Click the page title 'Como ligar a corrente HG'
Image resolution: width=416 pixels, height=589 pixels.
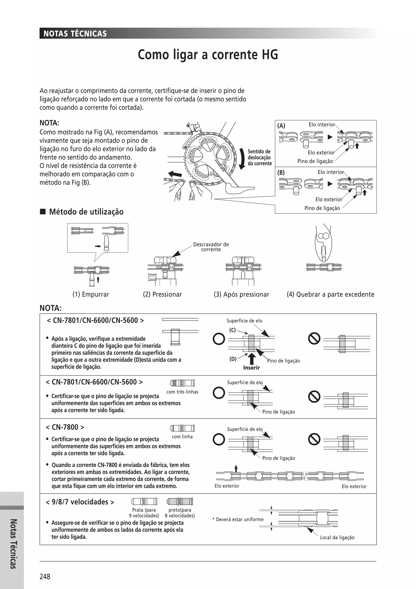coord(208,55)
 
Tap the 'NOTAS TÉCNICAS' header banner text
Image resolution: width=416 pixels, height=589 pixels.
coord(75,34)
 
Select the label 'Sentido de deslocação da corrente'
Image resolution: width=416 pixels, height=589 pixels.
coord(259,157)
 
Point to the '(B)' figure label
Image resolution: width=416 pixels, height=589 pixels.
coord(281,172)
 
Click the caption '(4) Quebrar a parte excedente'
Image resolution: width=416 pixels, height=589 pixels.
coord(330,294)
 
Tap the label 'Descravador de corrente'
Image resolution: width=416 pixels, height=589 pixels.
coord(211,247)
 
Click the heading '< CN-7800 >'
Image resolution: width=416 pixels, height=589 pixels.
coord(65,427)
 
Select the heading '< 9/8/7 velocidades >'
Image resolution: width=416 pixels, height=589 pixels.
coord(80,502)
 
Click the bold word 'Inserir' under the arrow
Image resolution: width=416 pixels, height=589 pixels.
coord(251,368)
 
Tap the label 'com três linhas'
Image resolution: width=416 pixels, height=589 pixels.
coord(182,392)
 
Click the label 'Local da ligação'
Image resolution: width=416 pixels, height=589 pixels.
coord(337,537)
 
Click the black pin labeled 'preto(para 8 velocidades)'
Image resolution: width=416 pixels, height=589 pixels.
coord(180,501)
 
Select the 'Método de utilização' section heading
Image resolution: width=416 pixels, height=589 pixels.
coord(86,212)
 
